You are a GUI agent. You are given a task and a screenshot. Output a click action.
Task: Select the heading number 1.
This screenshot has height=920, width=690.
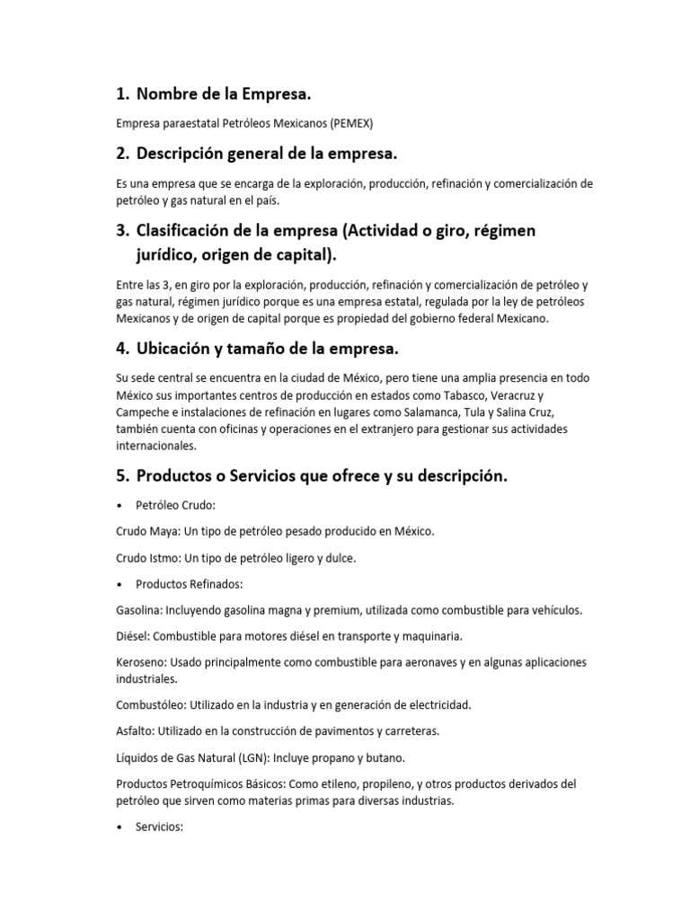click(x=123, y=93)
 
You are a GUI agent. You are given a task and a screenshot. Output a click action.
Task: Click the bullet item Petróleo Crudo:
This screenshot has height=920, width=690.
click(x=175, y=506)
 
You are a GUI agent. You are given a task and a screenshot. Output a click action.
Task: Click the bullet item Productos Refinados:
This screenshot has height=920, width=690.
click(x=183, y=584)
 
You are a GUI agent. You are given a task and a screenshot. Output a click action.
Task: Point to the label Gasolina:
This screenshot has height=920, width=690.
click(x=139, y=610)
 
